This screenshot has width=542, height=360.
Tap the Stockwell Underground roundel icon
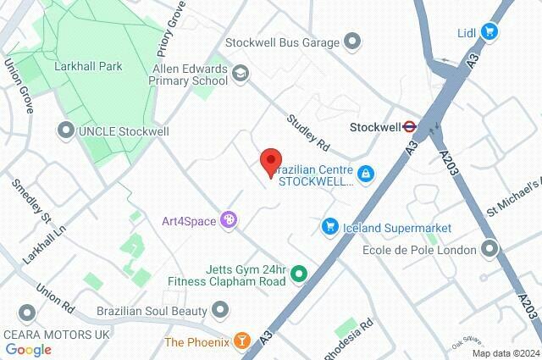coord(409,128)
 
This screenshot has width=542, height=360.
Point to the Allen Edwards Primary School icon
coord(241,75)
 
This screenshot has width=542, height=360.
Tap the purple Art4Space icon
coord(227,220)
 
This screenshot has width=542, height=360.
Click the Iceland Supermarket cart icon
coord(329,227)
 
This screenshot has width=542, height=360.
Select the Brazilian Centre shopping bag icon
coord(365,174)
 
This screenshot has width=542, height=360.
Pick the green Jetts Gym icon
coord(298,274)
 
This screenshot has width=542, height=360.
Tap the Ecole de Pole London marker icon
coord(489,249)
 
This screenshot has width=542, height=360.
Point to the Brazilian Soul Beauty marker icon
coord(220,311)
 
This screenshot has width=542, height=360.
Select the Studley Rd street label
coord(306,129)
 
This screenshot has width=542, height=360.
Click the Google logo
coord(28,350)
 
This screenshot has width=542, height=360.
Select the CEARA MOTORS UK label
coord(56,334)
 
